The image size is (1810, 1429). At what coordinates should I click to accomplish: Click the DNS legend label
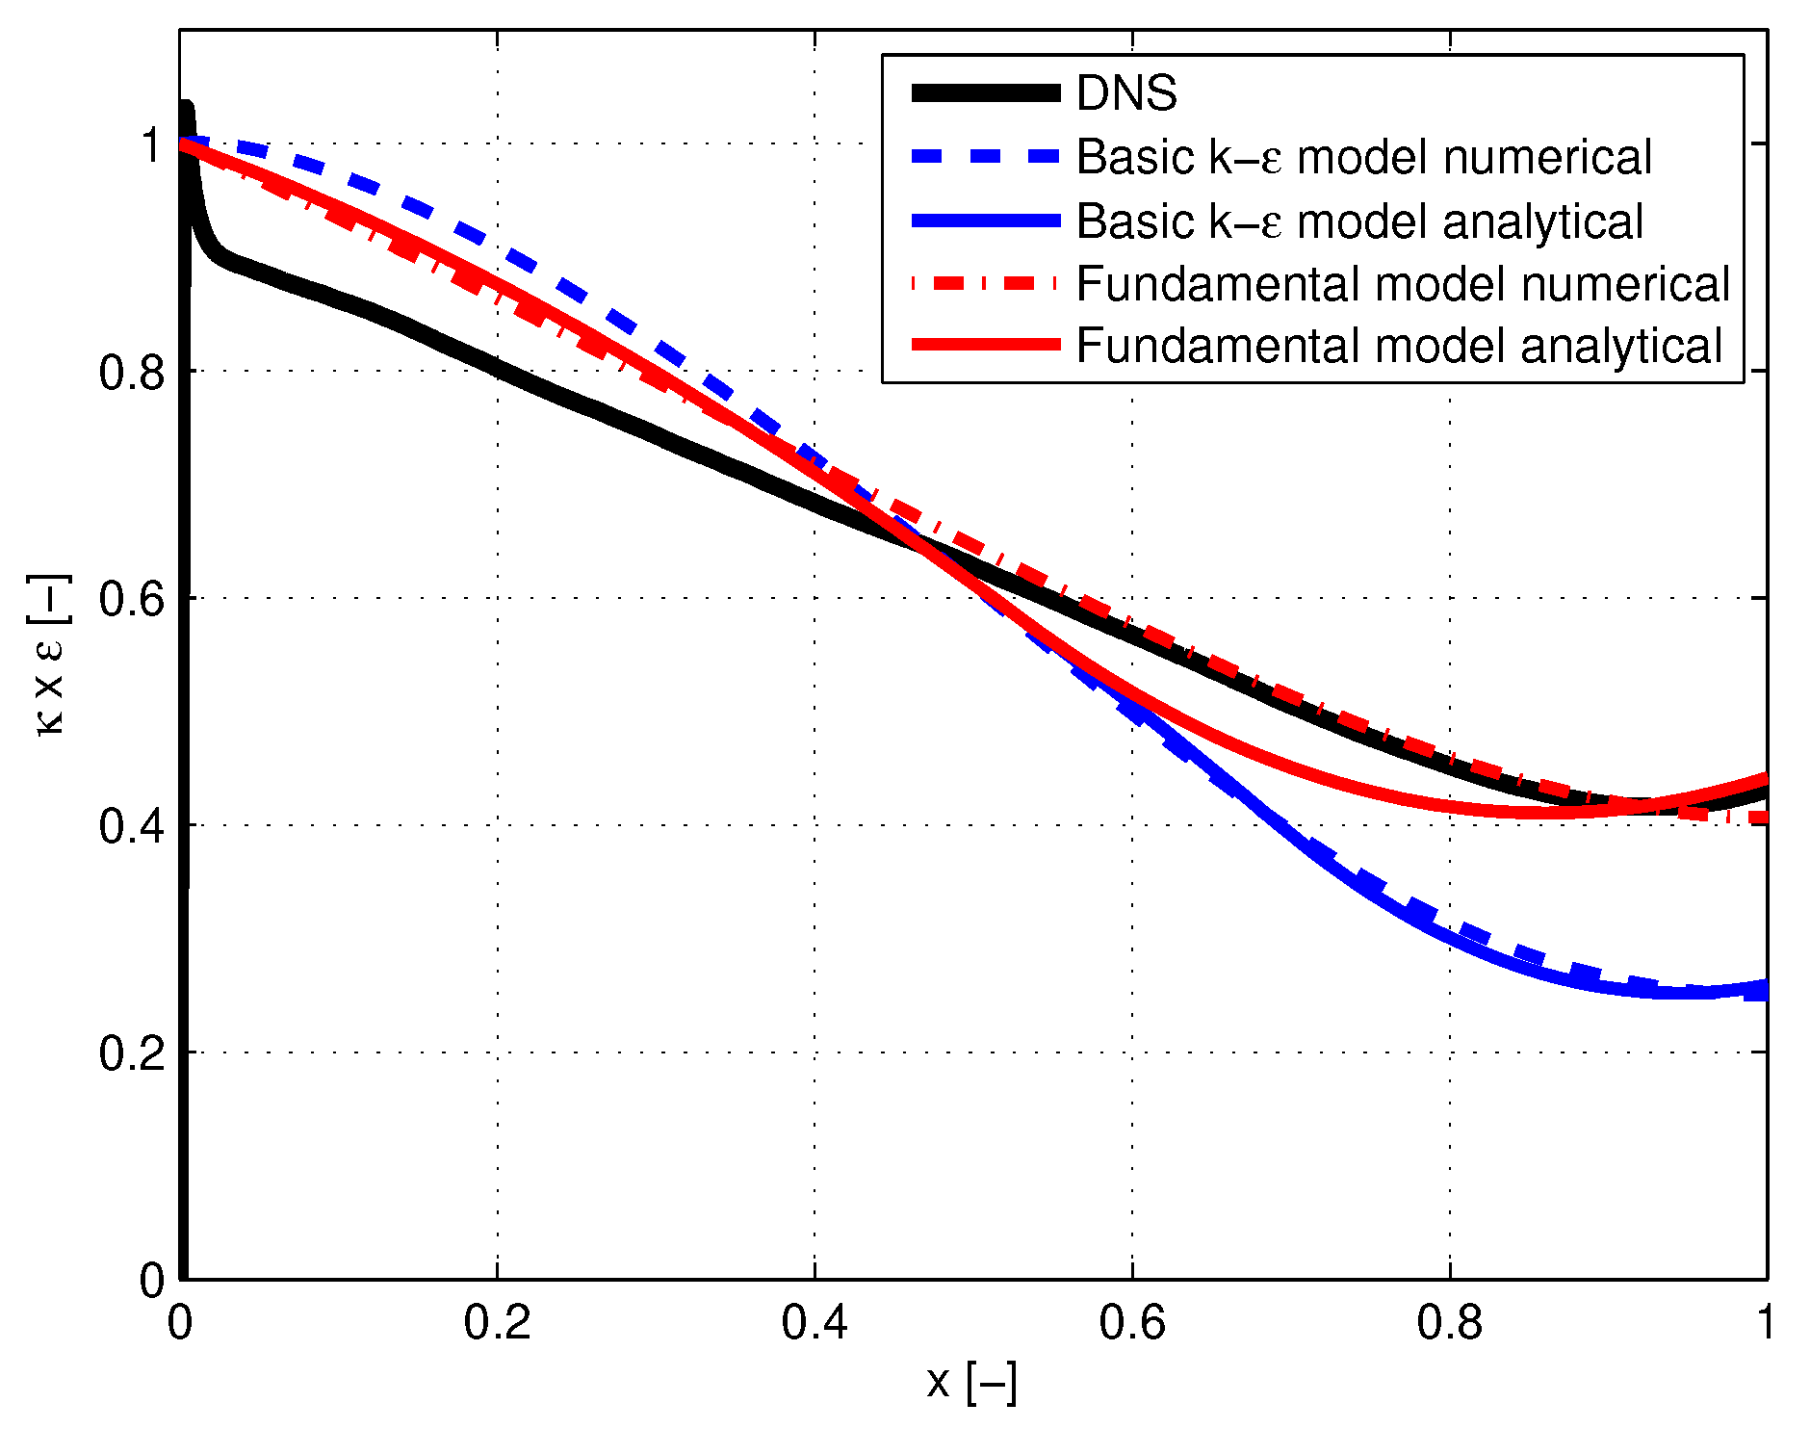(1125, 93)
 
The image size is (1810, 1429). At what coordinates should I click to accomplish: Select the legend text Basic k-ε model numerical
(1363, 157)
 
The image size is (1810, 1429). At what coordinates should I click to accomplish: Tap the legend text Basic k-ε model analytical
(1358, 221)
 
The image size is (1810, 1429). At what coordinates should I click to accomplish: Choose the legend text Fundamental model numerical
(1402, 284)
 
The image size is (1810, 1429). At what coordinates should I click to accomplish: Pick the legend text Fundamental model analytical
(1398, 346)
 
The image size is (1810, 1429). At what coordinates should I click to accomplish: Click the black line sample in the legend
(985, 93)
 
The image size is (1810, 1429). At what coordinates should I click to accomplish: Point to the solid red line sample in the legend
(985, 345)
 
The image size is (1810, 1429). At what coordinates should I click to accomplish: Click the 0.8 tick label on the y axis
(132, 373)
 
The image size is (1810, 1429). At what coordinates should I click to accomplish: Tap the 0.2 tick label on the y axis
(132, 1053)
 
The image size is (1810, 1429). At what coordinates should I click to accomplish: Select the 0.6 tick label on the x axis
(1131, 1323)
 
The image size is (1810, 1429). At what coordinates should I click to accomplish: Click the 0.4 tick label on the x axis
(814, 1323)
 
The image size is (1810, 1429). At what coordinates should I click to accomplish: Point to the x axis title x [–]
(971, 1383)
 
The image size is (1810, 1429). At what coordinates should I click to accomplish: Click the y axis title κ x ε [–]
(48, 655)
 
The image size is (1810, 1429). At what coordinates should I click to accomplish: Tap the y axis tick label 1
(152, 145)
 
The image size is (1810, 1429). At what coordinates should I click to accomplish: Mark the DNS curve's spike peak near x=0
(185, 106)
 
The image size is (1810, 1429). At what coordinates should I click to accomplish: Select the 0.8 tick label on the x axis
(1449, 1323)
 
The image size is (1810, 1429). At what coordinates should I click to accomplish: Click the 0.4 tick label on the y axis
(132, 826)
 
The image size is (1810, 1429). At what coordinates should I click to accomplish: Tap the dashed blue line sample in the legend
(985, 156)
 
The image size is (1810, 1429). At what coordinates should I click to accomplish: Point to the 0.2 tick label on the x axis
(497, 1323)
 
